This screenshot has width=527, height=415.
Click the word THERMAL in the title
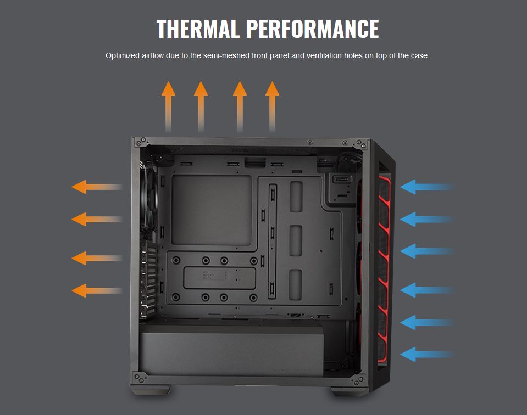coord(198,29)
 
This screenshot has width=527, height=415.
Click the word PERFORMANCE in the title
coord(313,29)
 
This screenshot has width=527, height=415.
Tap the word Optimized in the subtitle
coord(123,56)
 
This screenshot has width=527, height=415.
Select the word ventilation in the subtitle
coord(324,55)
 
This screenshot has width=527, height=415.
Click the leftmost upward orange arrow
coord(168,106)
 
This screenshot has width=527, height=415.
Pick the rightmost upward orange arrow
coord(272,106)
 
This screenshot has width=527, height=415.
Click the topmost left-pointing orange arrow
coord(97,187)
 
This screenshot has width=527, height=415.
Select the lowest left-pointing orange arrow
coord(97,290)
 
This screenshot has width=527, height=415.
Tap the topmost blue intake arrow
coord(427,187)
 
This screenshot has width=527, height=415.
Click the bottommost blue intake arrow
coord(427,354)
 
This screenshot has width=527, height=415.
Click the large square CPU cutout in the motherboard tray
coord(212,210)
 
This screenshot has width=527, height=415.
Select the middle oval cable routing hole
coord(296,241)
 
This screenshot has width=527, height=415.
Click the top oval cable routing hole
coord(296,197)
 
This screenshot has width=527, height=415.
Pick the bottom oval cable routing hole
coord(296,284)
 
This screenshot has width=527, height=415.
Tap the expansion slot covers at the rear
coord(148,281)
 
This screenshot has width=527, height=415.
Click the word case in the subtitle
coord(421,56)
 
